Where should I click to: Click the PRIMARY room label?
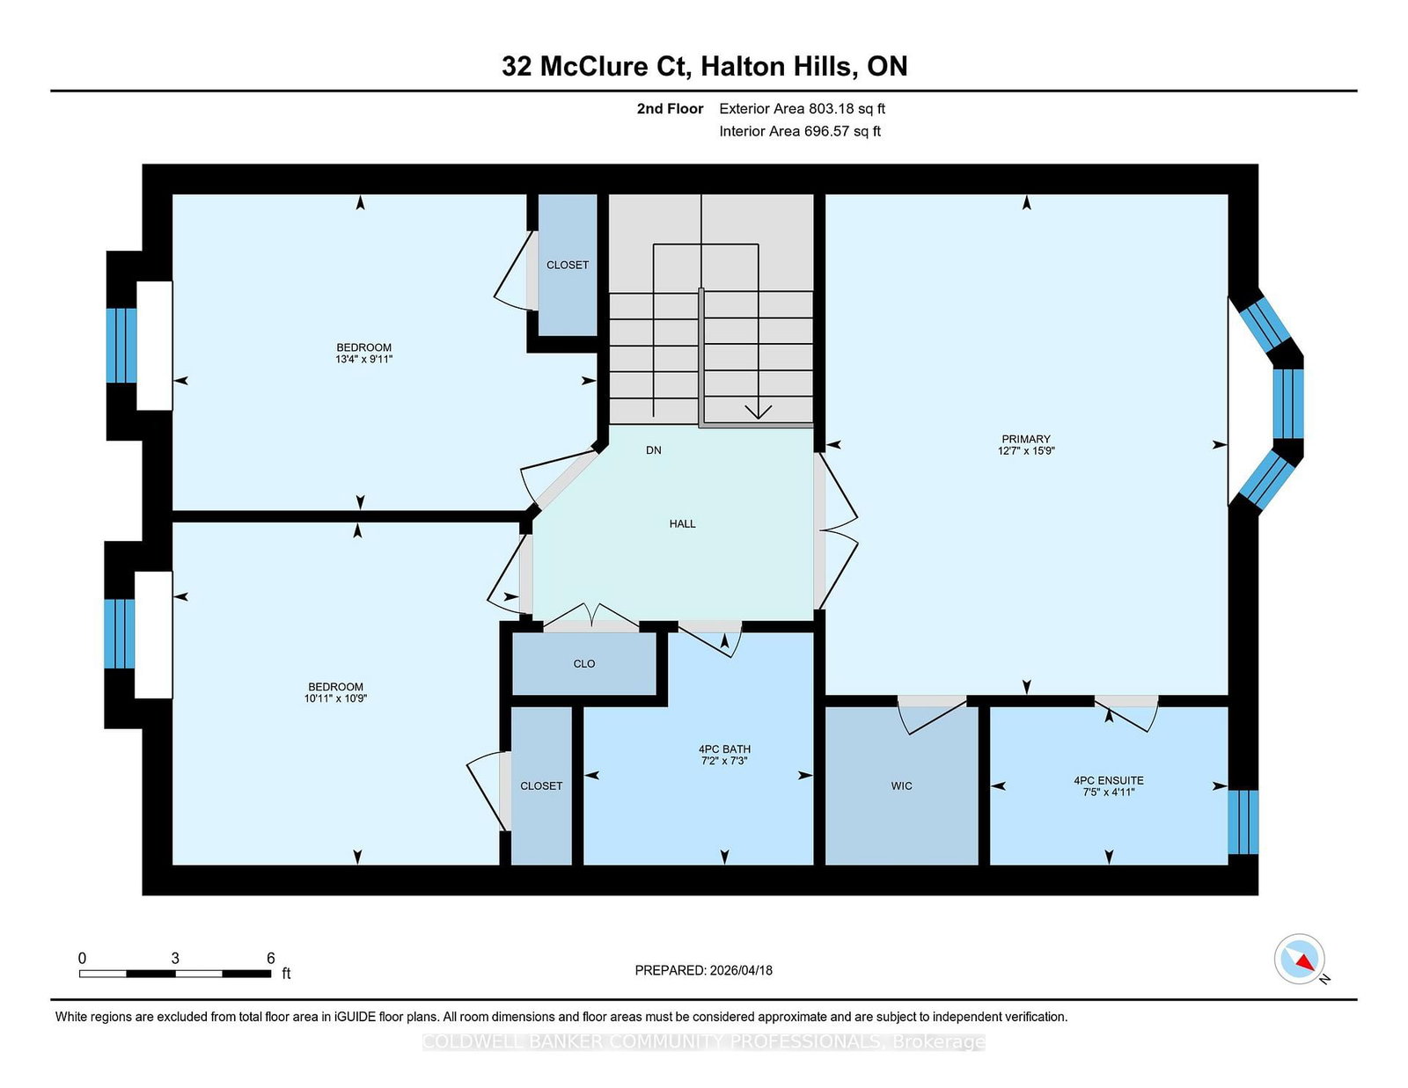[x=1026, y=439]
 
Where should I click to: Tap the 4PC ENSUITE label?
[x=1109, y=780]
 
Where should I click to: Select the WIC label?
[x=901, y=785]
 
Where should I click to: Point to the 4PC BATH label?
[x=724, y=748]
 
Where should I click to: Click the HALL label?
[x=682, y=523]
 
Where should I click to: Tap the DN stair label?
[x=653, y=449]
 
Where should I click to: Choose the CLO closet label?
[x=583, y=663]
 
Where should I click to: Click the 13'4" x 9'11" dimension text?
[x=363, y=359]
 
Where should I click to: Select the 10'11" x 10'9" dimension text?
[x=335, y=698]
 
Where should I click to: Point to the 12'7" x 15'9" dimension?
[x=1026, y=450]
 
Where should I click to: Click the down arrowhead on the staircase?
[x=758, y=412]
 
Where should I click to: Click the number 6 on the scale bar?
[x=271, y=958]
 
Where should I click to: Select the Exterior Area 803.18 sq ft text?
[x=803, y=109]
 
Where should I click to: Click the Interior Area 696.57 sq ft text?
[x=800, y=131]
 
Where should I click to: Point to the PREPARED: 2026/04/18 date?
[x=704, y=970]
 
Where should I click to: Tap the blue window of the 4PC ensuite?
[x=1243, y=821]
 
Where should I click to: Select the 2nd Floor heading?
[x=670, y=109]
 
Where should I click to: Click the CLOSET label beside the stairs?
[x=568, y=265]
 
